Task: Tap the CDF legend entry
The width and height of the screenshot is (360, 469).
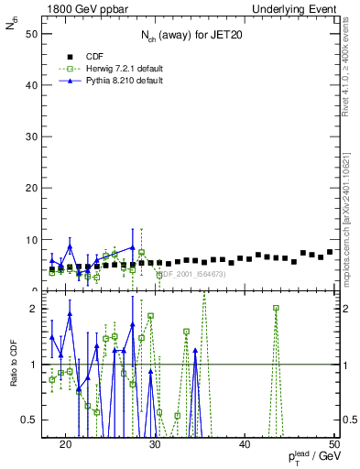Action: (94, 56)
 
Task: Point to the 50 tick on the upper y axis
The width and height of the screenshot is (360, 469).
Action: (32, 34)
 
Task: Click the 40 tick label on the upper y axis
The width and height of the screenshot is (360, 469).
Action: (32, 85)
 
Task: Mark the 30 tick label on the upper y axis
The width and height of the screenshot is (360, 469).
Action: (32, 136)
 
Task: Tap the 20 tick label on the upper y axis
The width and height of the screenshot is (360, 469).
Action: (32, 188)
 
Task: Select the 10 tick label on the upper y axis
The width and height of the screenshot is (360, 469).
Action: (32, 240)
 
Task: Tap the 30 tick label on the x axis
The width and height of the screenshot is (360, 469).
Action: (155, 443)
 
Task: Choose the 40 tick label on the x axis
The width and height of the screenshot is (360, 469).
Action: (245, 443)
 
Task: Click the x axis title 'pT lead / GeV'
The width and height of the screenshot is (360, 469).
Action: (307, 458)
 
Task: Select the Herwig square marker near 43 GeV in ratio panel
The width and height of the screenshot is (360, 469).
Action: (276, 309)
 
